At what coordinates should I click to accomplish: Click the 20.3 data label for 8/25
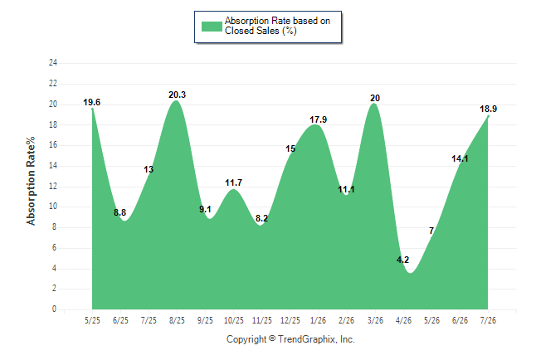point(177,95)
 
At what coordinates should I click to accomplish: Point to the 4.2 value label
point(402,260)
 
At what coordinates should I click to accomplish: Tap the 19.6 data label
point(91,102)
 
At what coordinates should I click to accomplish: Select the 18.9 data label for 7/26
point(488,109)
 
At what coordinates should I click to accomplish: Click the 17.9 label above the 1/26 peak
point(319,119)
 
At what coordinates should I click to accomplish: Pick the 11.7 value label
point(233,182)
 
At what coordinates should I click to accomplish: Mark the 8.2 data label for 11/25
point(262,218)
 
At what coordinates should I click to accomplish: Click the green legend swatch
point(212,27)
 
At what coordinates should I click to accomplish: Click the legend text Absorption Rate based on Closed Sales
point(277,26)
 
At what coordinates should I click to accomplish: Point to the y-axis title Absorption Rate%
point(31,181)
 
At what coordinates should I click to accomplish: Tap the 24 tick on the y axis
point(53,62)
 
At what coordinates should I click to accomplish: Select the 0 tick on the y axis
point(55,309)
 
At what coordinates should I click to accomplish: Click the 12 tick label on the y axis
point(53,187)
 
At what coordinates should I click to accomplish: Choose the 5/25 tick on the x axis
point(92,320)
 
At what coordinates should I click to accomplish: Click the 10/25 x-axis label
point(234,320)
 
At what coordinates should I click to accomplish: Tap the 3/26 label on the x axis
point(375,320)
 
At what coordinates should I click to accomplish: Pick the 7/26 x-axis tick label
point(488,320)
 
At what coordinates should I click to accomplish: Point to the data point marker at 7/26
point(488,116)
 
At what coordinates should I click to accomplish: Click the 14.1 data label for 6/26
point(460,158)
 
